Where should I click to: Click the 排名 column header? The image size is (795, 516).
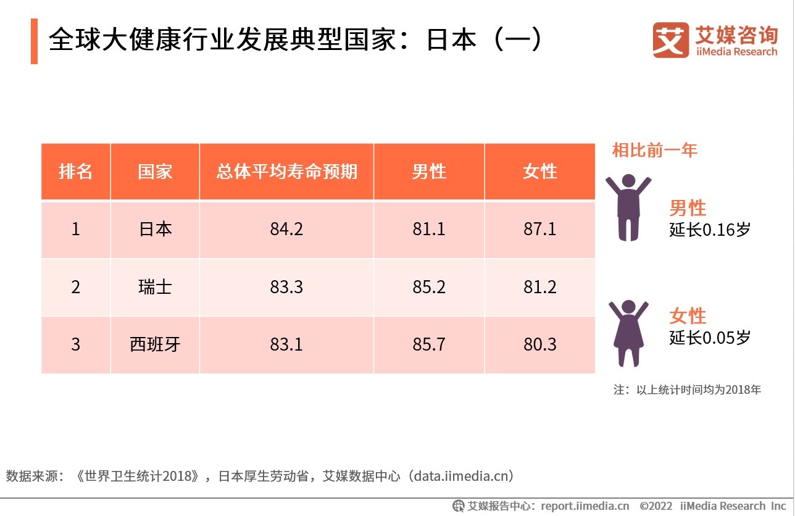(75, 172)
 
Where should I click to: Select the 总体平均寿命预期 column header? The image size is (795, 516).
(286, 172)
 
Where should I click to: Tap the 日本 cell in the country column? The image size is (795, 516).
(155, 230)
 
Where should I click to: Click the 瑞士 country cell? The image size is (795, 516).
(155, 287)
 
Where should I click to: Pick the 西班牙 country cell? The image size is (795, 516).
(155, 344)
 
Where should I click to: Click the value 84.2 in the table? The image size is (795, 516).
(286, 230)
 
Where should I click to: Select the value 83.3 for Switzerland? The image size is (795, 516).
(286, 287)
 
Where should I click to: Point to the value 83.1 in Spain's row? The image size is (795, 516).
(286, 344)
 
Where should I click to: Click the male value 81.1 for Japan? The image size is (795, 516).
(429, 230)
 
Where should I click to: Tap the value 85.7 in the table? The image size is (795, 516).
(429, 344)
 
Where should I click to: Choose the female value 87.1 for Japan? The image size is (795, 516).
(540, 230)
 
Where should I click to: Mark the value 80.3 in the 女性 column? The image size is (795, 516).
(540, 344)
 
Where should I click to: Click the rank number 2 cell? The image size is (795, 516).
(75, 287)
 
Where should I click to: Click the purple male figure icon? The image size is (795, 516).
(628, 207)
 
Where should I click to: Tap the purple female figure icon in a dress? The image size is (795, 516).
(628, 333)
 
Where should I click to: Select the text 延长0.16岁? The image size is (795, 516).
(710, 230)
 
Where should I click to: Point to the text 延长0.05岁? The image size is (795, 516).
(710, 338)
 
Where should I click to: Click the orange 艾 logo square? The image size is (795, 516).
(670, 41)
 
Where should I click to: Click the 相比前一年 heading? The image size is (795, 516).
(654, 150)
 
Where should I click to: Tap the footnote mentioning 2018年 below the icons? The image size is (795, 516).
(687, 390)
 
